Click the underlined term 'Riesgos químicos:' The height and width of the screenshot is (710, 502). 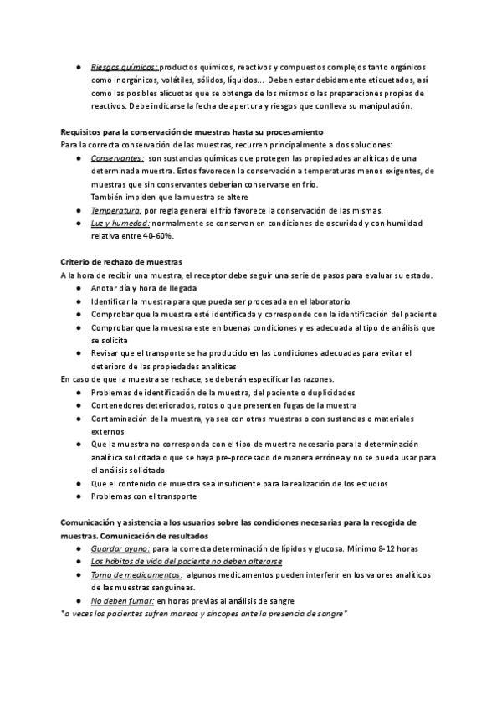click(x=123, y=68)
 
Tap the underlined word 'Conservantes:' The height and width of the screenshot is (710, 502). click(x=117, y=157)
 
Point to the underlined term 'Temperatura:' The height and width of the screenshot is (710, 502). click(x=116, y=210)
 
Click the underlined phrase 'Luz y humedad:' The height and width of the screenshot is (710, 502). click(x=120, y=224)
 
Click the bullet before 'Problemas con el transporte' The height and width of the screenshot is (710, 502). click(x=77, y=496)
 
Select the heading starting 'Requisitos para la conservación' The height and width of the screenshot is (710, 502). click(x=192, y=132)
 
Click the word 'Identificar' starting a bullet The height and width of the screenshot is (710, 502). click(x=115, y=301)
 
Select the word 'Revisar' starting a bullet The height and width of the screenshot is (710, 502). click(x=106, y=353)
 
